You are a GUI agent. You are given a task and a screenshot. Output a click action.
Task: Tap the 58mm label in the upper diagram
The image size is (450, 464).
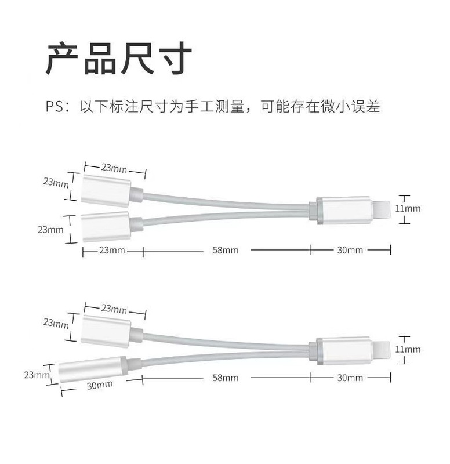(x=226, y=250)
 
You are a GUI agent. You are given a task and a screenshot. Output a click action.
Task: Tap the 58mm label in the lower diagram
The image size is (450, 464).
(x=226, y=378)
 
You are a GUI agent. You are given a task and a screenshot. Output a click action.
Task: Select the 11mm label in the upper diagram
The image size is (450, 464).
(x=408, y=208)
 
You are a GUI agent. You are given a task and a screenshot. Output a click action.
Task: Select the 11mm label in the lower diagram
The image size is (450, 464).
(x=408, y=349)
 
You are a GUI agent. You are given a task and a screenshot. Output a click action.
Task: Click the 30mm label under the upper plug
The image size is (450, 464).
(x=350, y=250)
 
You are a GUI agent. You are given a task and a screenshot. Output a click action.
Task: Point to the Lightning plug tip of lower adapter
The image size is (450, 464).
(x=380, y=350)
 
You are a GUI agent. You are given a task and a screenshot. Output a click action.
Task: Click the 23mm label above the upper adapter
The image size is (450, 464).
(x=114, y=168)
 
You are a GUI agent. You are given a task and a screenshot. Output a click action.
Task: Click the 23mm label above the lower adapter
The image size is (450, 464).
(x=114, y=309)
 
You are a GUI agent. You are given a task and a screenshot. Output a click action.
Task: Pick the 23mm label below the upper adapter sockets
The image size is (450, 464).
(x=112, y=250)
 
